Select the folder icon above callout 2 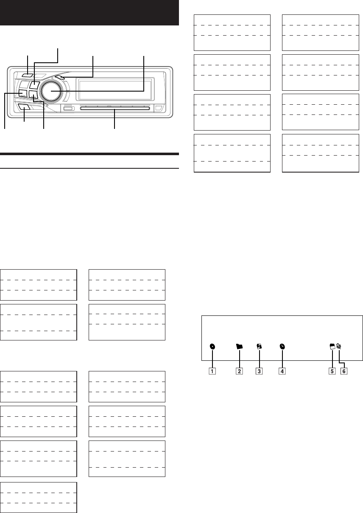pos(240,346)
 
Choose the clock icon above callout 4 pos(282,346)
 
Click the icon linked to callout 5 pos(332,346)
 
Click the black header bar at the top pos(89,13)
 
